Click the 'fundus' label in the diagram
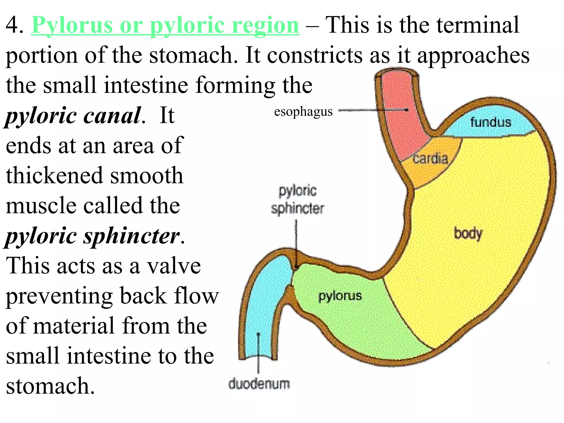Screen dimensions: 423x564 pyautogui.click(x=490, y=122)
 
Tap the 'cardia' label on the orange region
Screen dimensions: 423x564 pyautogui.click(x=430, y=159)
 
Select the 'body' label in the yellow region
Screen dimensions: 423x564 pyautogui.click(x=468, y=234)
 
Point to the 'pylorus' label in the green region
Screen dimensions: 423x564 pyautogui.click(x=340, y=296)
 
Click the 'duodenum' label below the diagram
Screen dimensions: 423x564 pyautogui.click(x=259, y=384)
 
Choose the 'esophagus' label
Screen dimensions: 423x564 pyautogui.click(x=303, y=112)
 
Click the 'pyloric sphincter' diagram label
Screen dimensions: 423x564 pyautogui.click(x=297, y=200)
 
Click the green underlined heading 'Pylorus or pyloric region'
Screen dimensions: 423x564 pyautogui.click(x=165, y=25)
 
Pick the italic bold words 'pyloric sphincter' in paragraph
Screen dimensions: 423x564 pyautogui.click(x=93, y=236)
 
